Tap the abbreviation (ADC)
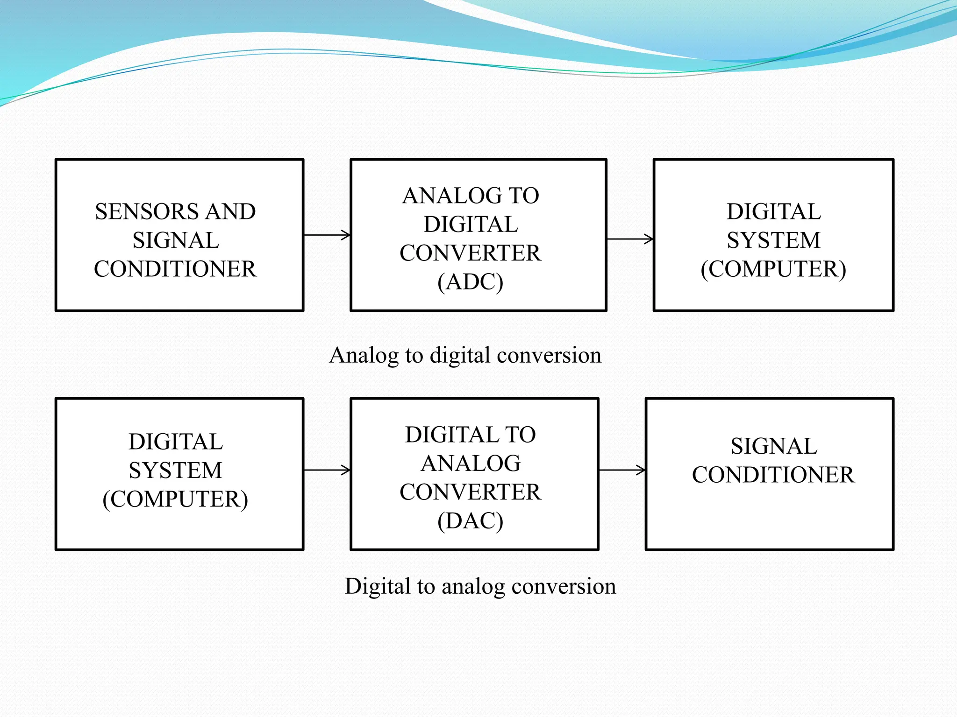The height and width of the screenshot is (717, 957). pos(470,281)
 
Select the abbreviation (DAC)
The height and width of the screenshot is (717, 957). pos(470,520)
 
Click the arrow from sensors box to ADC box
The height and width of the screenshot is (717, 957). pos(327,235)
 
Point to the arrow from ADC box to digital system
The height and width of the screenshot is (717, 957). pos(630,239)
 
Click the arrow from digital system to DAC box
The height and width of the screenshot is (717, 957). pos(327,470)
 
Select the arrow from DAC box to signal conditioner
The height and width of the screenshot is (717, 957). pos(622,470)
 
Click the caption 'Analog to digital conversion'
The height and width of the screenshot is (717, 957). pos(465,355)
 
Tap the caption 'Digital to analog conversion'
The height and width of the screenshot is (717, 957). pos(480,586)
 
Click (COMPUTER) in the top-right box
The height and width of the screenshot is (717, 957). pos(773,269)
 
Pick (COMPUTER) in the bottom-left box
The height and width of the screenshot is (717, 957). pos(175,499)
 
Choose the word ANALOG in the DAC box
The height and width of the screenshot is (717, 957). pos(471,464)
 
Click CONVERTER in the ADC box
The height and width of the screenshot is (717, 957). pos(470,253)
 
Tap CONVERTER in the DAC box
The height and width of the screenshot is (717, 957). pos(470,492)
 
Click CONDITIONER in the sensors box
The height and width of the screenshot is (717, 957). pos(175,269)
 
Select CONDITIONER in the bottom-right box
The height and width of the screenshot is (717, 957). pos(773,475)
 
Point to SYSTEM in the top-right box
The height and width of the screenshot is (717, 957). pos(773,240)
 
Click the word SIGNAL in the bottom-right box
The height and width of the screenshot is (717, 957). pos(774,446)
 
